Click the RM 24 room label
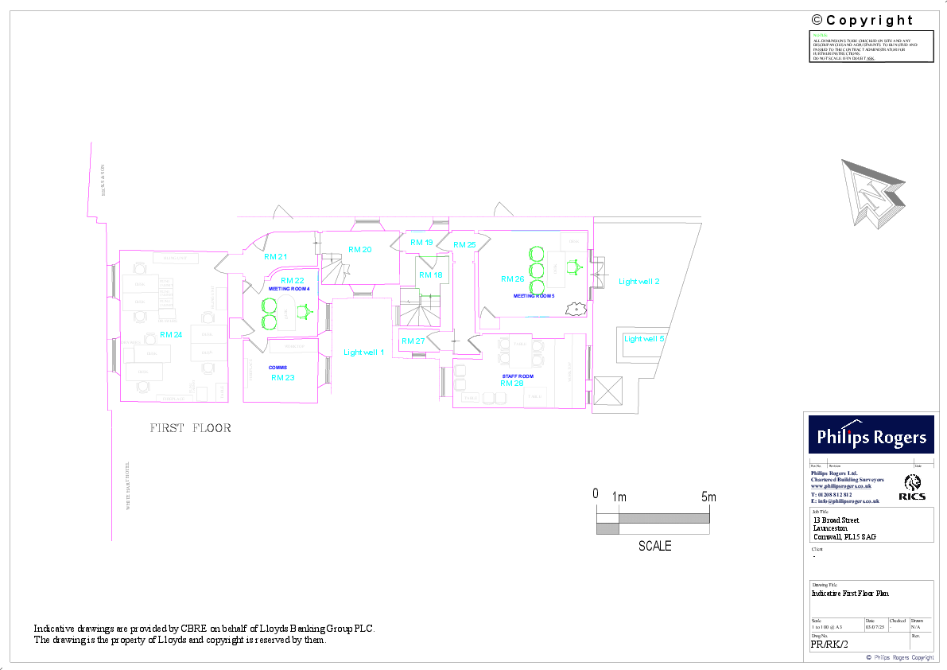pyautogui.click(x=171, y=334)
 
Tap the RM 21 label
pyautogui.click(x=275, y=257)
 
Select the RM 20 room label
pyautogui.click(x=360, y=250)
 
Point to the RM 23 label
pyautogui.click(x=282, y=377)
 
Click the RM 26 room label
pyautogui.click(x=512, y=279)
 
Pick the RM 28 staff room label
pyautogui.click(x=511, y=383)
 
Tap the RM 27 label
pyautogui.click(x=413, y=341)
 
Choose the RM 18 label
pyautogui.click(x=431, y=275)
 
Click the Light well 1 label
pyautogui.click(x=363, y=352)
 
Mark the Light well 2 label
pyautogui.click(x=639, y=282)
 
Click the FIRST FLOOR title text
pyautogui.click(x=191, y=428)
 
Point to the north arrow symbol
pyautogui.click(x=873, y=193)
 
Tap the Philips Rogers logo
pyautogui.click(x=872, y=437)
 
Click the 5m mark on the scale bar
pyautogui.click(x=708, y=497)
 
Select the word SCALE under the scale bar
pyautogui.click(x=654, y=546)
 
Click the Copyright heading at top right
pyautogui.click(x=862, y=20)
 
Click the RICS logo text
pyautogui.click(x=913, y=497)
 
